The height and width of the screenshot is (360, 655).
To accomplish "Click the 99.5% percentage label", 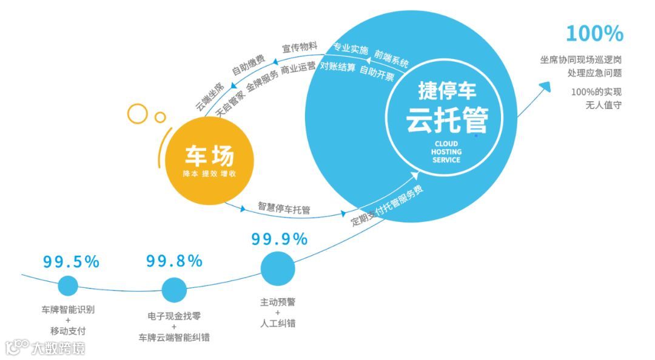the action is point(71,262).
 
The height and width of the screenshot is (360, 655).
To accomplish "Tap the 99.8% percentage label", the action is point(174,261).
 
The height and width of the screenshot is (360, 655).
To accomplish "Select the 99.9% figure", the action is point(280,239).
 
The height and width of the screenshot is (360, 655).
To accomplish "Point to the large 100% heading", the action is point(594,34).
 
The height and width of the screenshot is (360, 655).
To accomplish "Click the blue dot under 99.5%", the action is point(68,286).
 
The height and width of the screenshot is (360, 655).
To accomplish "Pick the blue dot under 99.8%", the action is point(174,290).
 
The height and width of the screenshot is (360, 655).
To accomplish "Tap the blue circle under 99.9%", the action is point(278,268).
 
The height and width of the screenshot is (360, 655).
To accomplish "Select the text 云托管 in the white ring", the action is point(447,119).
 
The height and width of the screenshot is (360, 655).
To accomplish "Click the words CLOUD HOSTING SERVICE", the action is point(446,152).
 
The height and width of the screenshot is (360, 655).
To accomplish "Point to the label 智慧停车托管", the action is point(284,208).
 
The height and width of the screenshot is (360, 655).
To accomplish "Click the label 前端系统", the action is point(392,58).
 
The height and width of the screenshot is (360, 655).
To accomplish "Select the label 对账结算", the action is point(337,67).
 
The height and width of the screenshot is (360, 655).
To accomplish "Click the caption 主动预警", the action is point(278,301).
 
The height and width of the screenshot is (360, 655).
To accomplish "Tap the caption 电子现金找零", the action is point(174,316).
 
